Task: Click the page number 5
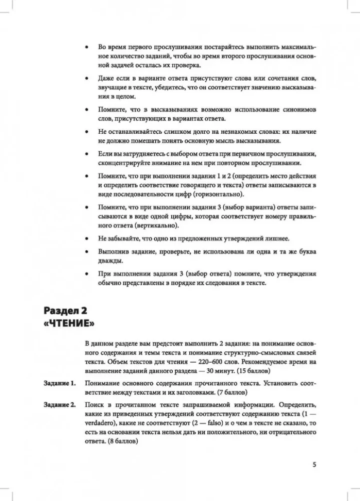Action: pos(314,464)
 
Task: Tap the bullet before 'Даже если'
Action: pos(87,79)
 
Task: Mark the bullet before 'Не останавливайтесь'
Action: pos(87,131)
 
